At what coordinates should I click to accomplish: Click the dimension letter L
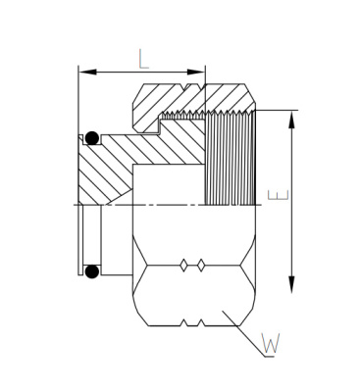coord(143,59)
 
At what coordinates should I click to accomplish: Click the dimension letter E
coord(279,195)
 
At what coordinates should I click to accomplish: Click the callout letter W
coord(271,343)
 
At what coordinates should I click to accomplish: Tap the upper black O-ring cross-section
coord(92,138)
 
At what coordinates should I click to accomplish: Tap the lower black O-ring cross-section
coord(92,271)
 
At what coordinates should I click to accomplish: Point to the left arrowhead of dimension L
coord(87,72)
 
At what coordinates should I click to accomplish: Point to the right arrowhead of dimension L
coord(196,72)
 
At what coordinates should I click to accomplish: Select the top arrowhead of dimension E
coord(291,120)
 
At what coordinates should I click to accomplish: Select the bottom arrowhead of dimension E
coord(291,285)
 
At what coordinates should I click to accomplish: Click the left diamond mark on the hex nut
coord(184,266)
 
